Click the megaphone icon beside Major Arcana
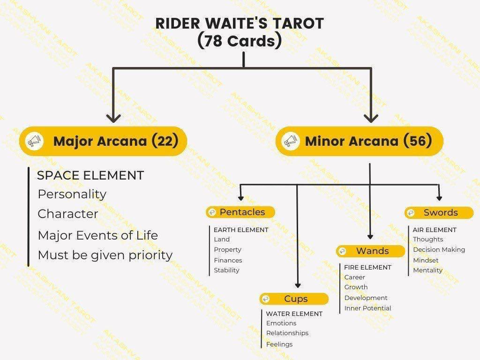coord(34,141)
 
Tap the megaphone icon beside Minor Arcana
coord(291,141)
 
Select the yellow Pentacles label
coord(240,212)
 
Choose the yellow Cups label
coord(294,299)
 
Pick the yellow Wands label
coord(370,251)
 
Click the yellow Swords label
coord(439,212)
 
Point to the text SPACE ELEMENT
coord(90,175)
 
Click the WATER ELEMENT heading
coord(294,314)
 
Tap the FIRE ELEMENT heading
coord(367,268)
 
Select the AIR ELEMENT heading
coord(435,230)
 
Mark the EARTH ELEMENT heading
coord(241,230)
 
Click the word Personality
coord(72,195)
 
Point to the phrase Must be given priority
coord(105,255)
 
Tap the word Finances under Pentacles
coord(228,260)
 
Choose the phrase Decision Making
coord(439,250)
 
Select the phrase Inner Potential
coord(367,308)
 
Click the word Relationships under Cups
coord(287,333)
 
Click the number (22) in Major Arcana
coord(165,141)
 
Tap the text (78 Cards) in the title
coord(240,41)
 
